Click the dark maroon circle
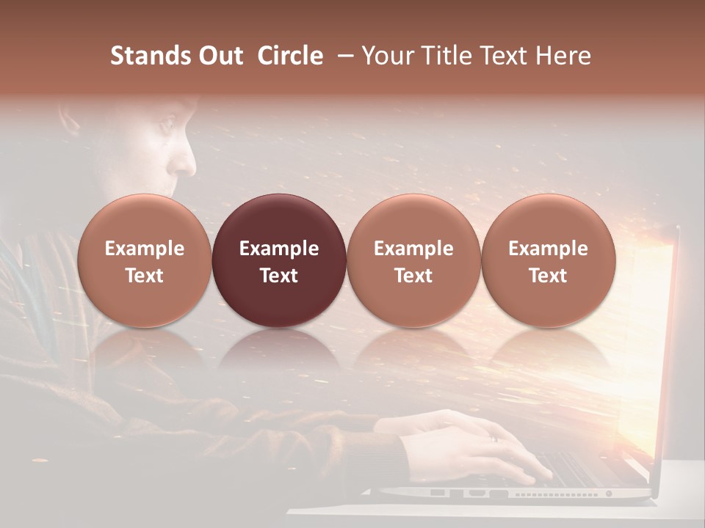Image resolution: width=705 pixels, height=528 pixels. (x=279, y=261)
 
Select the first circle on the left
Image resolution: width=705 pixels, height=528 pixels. (x=144, y=261)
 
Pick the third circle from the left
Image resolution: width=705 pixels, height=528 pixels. (x=413, y=261)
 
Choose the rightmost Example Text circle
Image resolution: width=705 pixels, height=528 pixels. (x=548, y=261)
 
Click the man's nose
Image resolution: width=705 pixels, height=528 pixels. (x=189, y=156)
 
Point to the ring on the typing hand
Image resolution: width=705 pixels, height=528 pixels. (x=493, y=438)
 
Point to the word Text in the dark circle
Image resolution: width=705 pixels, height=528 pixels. (x=279, y=276)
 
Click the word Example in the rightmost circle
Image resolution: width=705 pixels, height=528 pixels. (x=548, y=249)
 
